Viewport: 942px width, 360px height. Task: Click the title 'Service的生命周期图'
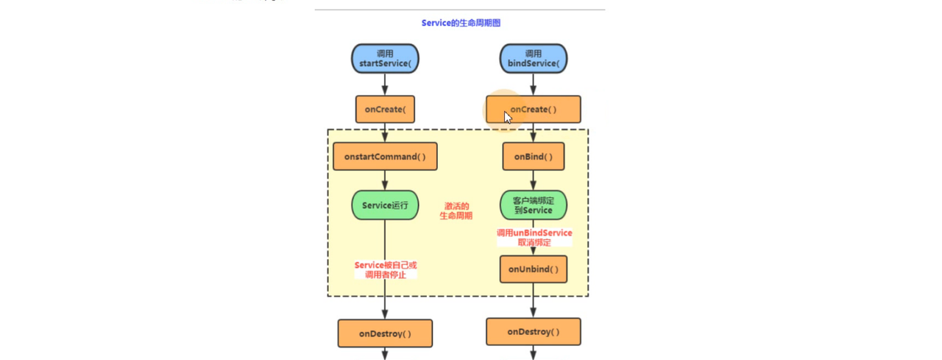pyautogui.click(x=461, y=23)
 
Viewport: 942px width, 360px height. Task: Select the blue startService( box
pyautogui.click(x=385, y=59)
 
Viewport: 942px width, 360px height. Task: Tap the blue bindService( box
pyautogui.click(x=534, y=59)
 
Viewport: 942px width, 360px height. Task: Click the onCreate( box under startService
pyautogui.click(x=385, y=109)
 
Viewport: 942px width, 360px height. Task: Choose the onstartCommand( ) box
pyautogui.click(x=385, y=156)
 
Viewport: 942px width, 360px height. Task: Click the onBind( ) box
pyautogui.click(x=534, y=156)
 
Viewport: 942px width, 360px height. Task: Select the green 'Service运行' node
pyautogui.click(x=385, y=205)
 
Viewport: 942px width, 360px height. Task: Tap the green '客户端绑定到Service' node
pyautogui.click(x=534, y=205)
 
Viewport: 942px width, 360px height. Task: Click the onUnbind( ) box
pyautogui.click(x=534, y=269)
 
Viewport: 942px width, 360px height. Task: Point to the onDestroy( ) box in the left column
pyautogui.click(x=385, y=333)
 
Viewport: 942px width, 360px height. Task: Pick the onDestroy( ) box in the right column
pyautogui.click(x=534, y=332)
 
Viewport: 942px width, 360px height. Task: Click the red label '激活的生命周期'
pyautogui.click(x=456, y=211)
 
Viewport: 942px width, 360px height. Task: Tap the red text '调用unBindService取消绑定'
pyautogui.click(x=534, y=237)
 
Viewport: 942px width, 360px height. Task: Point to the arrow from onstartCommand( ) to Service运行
pyautogui.click(x=385, y=180)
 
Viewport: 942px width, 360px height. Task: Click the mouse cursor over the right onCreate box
pyautogui.click(x=507, y=116)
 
